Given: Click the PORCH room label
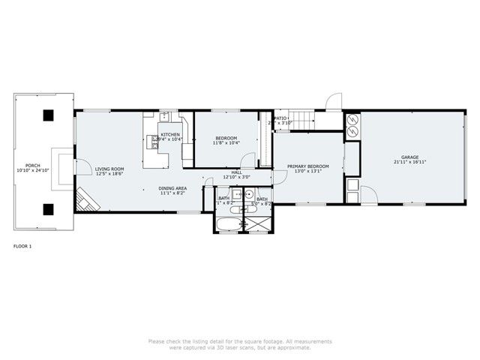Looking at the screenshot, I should tap(32, 165).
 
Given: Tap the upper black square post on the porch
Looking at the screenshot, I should tap(48, 115).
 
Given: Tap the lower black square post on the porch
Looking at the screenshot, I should tap(48, 209).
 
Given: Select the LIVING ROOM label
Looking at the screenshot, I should tap(109, 169).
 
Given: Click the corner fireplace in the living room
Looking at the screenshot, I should tap(84, 199).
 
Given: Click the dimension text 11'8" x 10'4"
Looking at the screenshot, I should tap(226, 143).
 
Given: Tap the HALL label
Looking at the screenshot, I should tap(236, 172).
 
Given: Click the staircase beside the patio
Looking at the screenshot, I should tap(301, 118).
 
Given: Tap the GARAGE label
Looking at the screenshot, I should tap(409, 157).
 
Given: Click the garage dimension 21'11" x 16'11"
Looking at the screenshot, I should tap(409, 162).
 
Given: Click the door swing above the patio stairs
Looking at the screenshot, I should tap(333, 103).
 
